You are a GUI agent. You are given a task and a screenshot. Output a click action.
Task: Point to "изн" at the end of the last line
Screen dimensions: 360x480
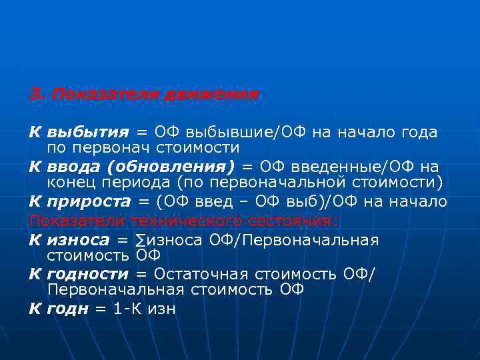pyautogui.click(x=163, y=309)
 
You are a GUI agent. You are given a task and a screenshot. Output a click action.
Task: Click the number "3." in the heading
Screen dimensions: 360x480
pyautogui.click(x=37, y=95)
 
